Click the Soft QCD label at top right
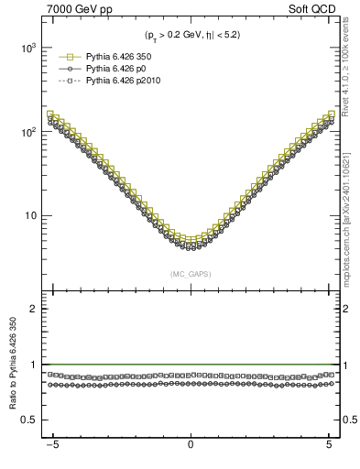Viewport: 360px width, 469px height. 316,9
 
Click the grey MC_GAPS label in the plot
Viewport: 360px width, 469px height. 191,274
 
